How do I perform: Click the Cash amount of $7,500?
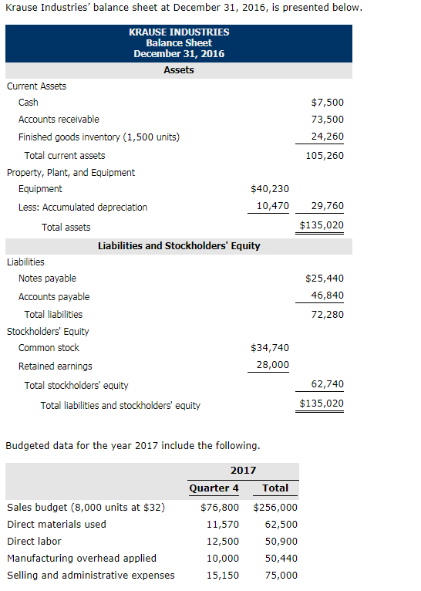click(x=328, y=103)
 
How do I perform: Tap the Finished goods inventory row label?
click(x=99, y=137)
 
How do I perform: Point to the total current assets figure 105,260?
click(x=325, y=156)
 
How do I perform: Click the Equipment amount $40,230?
click(x=271, y=189)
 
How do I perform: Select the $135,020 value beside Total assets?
click(x=322, y=226)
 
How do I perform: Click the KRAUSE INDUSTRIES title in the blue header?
click(x=179, y=32)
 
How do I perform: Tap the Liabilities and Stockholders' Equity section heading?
click(x=179, y=246)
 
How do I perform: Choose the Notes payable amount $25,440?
click(x=325, y=279)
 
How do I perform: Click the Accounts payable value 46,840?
click(x=328, y=295)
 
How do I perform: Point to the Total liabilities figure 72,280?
click(x=328, y=314)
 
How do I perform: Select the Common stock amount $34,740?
click(x=271, y=348)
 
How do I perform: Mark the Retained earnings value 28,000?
click(x=273, y=365)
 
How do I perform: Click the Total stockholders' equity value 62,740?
click(x=328, y=384)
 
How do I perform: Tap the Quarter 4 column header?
click(x=214, y=488)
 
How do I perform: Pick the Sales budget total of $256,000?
click(x=275, y=508)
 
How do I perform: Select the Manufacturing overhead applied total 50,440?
click(x=281, y=559)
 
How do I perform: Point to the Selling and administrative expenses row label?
click(x=91, y=576)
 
